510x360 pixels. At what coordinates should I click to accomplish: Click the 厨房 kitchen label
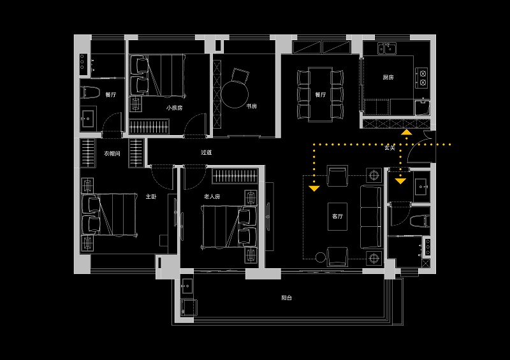pos(388,77)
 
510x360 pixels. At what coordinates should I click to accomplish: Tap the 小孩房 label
pos(174,108)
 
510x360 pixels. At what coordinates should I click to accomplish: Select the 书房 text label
pos(251,106)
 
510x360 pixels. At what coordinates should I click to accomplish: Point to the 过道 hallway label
pos(206,152)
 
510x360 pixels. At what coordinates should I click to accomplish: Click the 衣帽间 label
pos(112,153)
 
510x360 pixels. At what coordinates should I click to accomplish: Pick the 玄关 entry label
pos(390,148)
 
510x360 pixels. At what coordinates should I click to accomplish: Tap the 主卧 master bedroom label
pos(151,196)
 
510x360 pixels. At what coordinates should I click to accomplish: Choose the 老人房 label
pos(212,196)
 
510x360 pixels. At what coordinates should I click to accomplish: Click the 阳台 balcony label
pos(286,298)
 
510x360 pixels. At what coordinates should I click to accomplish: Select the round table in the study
pos(235,95)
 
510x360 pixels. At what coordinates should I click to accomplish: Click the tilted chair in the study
pos(240,76)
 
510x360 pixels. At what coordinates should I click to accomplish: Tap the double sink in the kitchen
pos(387,48)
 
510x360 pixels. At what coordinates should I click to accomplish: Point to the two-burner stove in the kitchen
pos(422,78)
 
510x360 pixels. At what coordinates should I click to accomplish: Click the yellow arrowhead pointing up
pos(407,133)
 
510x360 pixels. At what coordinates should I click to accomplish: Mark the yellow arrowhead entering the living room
pos(314,189)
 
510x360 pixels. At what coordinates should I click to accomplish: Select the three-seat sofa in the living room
pos(371,217)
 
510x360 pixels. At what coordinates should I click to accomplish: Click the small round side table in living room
pos(321,257)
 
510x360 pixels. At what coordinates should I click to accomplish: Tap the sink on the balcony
pos(187,286)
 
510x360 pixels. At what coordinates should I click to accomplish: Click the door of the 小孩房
pos(195,125)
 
